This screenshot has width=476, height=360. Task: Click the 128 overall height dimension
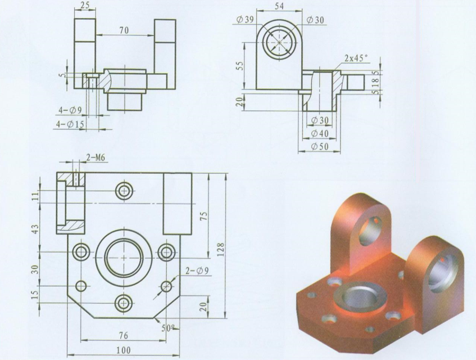tap(220, 247)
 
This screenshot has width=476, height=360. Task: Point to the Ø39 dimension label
tap(246, 20)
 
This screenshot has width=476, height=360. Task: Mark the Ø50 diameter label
tap(319, 147)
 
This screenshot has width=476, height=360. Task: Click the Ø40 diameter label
tap(319, 133)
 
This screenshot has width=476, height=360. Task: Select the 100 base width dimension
tap(124, 350)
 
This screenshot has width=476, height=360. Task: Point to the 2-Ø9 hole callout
tap(197, 271)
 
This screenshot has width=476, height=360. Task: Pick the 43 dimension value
tap(37, 230)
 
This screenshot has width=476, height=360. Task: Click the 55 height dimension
tap(239, 65)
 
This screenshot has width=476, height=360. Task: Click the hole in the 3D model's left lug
tap(371, 231)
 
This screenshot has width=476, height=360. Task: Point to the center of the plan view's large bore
tap(124, 256)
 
